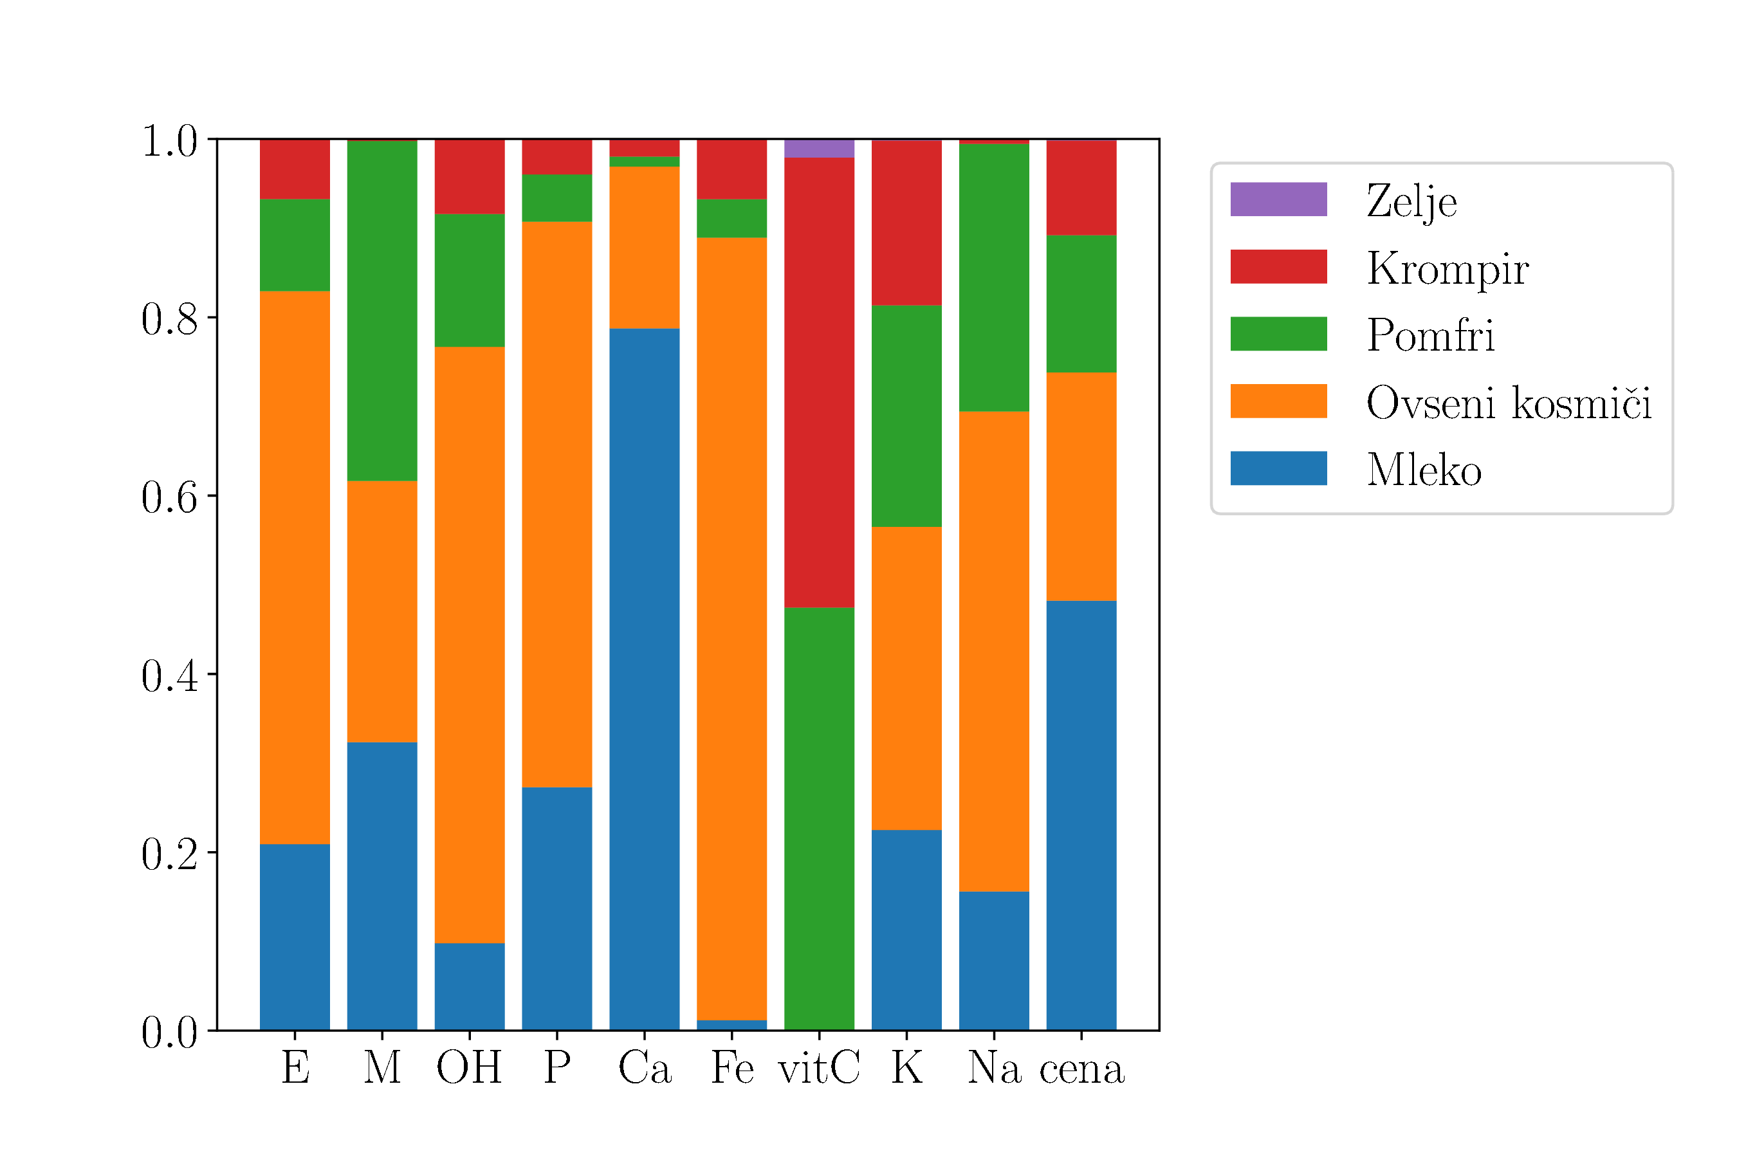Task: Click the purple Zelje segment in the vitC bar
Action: pyautogui.click(x=819, y=149)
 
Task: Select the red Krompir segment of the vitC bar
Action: pyautogui.click(x=819, y=383)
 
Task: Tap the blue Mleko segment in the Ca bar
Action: pyautogui.click(x=644, y=679)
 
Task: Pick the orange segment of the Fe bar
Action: pyautogui.click(x=731, y=629)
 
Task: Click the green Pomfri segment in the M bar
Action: pyautogui.click(x=381, y=311)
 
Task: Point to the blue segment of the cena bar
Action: pyautogui.click(x=1081, y=815)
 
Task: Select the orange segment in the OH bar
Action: pyautogui.click(x=469, y=645)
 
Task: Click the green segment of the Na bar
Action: pyautogui.click(x=993, y=278)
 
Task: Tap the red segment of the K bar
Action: pyautogui.click(x=906, y=223)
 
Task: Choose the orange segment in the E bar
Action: pyautogui.click(x=295, y=567)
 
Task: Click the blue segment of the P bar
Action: pyautogui.click(x=557, y=908)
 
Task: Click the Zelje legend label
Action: pyautogui.click(x=1411, y=201)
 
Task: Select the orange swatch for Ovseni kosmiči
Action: pyautogui.click(x=1278, y=401)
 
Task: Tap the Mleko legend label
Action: pyautogui.click(x=1423, y=470)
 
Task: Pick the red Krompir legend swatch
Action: pyautogui.click(x=1278, y=266)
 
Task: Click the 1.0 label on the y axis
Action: pyautogui.click(x=169, y=140)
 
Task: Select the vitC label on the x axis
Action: pyautogui.click(x=819, y=1068)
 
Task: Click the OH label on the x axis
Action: pyautogui.click(x=469, y=1068)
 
